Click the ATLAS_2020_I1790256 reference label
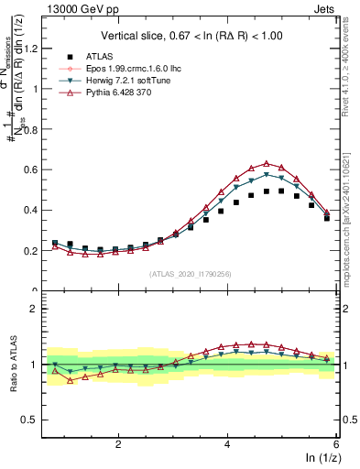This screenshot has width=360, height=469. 190,274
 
